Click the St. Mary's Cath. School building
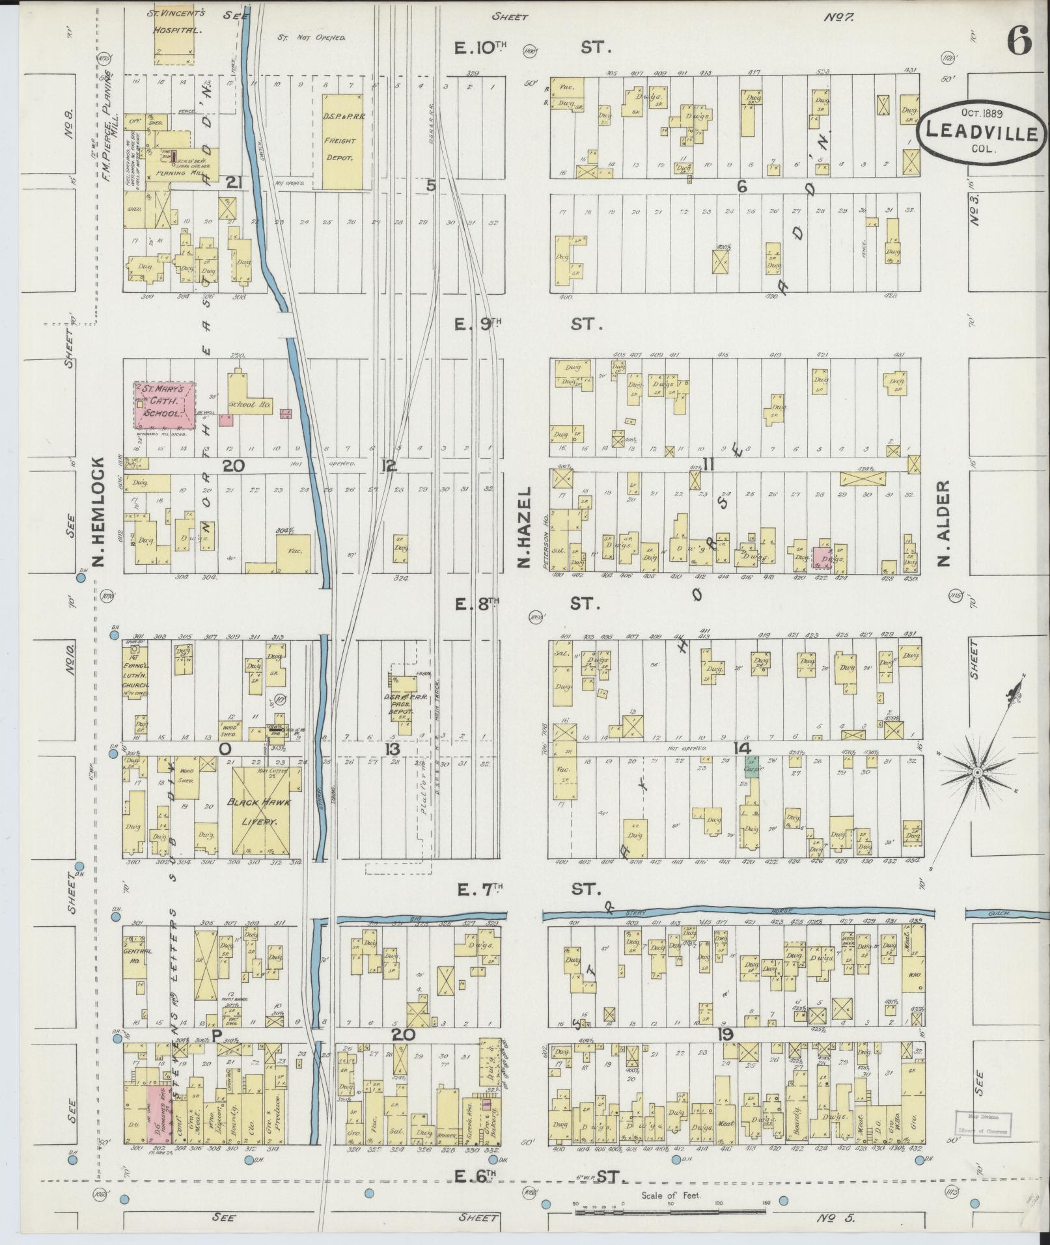pos(165,405)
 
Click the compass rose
pos(976,772)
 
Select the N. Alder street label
pos(945,524)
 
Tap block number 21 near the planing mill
pos(234,184)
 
